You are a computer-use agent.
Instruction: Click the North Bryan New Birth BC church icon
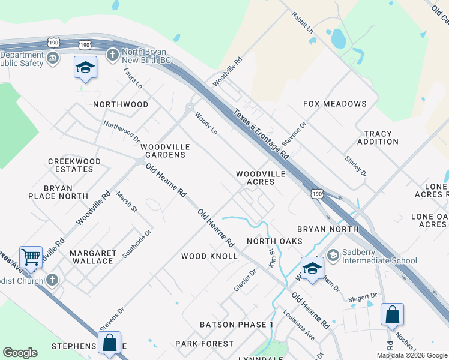coord(111,55)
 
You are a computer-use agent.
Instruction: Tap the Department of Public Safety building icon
coord(53,58)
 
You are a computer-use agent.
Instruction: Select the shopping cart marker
coord(31,257)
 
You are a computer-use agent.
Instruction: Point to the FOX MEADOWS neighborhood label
coord(334,104)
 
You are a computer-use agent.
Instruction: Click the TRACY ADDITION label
coord(378,138)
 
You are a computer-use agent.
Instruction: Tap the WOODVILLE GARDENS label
coord(165,151)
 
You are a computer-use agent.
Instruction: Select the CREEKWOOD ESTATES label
coord(74,165)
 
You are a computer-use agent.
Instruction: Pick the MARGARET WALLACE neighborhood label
coord(92,257)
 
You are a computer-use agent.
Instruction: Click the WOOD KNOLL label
coord(209,256)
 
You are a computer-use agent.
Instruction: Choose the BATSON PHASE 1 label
coord(237,325)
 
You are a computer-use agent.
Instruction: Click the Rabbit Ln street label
coord(302,23)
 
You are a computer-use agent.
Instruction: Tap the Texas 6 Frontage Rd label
coord(261,134)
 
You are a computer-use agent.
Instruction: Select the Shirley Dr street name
coord(355,166)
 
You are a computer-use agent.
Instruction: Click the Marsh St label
coord(127,202)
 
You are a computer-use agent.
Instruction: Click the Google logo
coord(20,353)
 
